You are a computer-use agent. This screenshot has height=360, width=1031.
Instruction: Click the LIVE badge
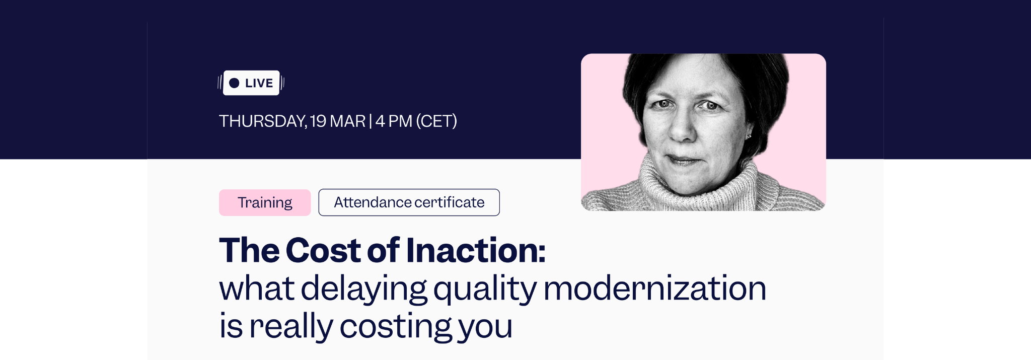pos(251,83)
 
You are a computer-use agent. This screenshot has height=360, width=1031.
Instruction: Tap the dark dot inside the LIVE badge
pos(234,83)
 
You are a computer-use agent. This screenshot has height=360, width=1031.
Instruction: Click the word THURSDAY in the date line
pos(262,121)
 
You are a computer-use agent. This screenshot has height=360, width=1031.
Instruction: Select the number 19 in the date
pos(318,121)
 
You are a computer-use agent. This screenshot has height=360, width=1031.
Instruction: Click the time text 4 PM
pos(394,121)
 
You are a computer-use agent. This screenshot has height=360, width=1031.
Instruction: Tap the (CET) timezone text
pos(436,121)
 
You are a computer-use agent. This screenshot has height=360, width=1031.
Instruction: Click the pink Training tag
pos(265,202)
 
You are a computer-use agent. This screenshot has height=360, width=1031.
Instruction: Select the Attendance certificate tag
pos(409,202)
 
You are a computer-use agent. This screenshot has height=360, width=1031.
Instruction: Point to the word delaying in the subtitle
pos(363,289)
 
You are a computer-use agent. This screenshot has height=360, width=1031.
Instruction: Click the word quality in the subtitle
pos(485,289)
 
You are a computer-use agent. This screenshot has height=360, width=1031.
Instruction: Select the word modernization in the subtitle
pos(654,288)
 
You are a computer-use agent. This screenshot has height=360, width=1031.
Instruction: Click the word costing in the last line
pos(396,327)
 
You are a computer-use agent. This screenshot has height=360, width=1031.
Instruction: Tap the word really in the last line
pos(291,327)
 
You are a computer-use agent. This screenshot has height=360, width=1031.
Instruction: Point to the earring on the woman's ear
pos(749,136)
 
